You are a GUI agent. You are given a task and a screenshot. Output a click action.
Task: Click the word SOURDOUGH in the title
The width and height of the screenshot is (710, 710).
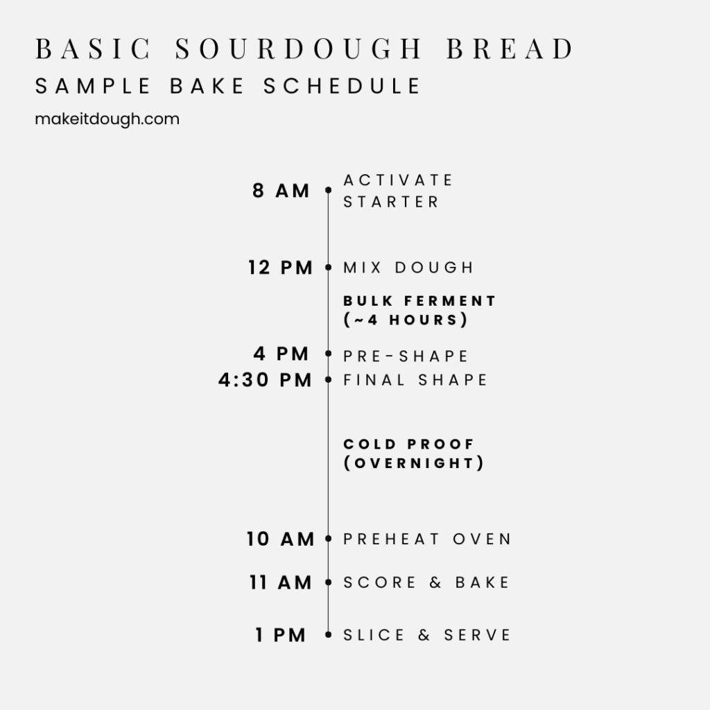click(298, 49)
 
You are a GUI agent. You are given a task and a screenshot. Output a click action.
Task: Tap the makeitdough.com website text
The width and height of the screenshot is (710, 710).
click(107, 119)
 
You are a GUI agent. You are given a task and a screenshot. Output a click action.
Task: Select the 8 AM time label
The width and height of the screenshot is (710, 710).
click(281, 191)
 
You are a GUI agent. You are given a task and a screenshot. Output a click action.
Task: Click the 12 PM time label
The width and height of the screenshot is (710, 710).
click(280, 268)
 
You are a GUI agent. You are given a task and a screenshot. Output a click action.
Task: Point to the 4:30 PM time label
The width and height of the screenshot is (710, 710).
click(265, 380)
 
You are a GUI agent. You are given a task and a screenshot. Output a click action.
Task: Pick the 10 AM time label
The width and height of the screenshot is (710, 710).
click(280, 539)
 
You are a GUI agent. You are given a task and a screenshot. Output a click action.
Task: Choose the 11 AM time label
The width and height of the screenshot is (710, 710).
click(281, 582)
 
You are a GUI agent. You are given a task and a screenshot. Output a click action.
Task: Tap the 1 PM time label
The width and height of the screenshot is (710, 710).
click(281, 635)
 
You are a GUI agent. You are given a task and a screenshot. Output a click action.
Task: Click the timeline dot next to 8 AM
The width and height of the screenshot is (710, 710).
click(328, 190)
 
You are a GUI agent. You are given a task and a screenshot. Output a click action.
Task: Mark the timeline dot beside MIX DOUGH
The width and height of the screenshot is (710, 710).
click(328, 268)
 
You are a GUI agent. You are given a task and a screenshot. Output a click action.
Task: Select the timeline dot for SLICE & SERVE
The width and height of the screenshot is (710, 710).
click(328, 635)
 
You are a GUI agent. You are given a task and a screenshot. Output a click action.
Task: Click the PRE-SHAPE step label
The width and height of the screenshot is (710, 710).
click(405, 356)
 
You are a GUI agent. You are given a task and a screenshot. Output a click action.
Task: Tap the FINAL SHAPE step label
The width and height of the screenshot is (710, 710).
click(415, 380)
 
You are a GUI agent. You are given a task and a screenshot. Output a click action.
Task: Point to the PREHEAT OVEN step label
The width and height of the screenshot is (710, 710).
click(427, 539)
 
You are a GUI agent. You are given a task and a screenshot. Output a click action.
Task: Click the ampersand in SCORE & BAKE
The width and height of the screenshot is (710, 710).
click(435, 582)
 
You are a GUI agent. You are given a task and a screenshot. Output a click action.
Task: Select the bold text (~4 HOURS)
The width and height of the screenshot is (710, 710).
click(405, 320)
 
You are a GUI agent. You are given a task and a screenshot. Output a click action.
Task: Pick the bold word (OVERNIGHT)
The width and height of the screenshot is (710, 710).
click(414, 462)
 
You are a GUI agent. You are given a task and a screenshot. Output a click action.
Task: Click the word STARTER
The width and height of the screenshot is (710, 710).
click(391, 202)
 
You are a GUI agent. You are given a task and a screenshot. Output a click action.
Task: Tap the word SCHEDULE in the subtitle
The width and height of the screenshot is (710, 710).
click(342, 86)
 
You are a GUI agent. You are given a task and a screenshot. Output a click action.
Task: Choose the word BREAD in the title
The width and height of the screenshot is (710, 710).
click(510, 49)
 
